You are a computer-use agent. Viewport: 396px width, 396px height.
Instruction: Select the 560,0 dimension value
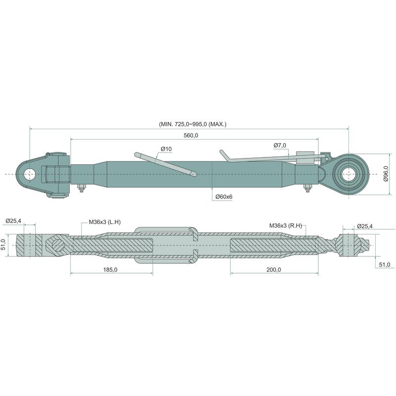coord(191,135)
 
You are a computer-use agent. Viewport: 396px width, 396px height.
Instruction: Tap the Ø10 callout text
coord(166,149)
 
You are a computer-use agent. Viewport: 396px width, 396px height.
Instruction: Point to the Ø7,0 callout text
coord(280,145)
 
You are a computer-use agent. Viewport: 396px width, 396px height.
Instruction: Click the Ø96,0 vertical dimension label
coord(386,174)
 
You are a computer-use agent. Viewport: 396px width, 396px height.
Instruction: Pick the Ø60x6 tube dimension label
coord(224,197)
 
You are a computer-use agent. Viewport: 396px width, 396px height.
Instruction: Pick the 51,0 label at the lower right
coord(383,265)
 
